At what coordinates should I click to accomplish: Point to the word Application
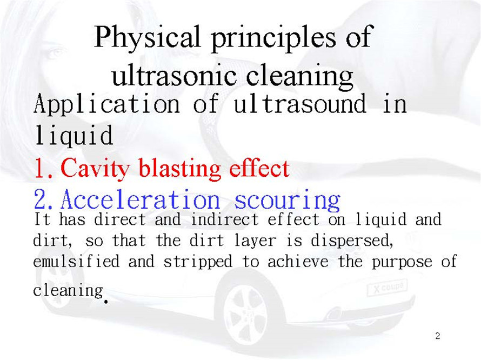coord(106,105)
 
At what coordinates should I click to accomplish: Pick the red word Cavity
coord(95,169)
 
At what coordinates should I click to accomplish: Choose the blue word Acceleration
coord(140,199)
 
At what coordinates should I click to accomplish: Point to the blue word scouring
coord(288,201)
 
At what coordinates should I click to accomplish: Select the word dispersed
coord(352,241)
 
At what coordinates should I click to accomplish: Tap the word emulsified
coord(76,262)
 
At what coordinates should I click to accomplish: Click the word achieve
coord(298,262)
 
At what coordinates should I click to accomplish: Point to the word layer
coord(255,241)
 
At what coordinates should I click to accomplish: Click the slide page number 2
coord(438,336)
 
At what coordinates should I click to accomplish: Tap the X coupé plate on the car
coord(388,287)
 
